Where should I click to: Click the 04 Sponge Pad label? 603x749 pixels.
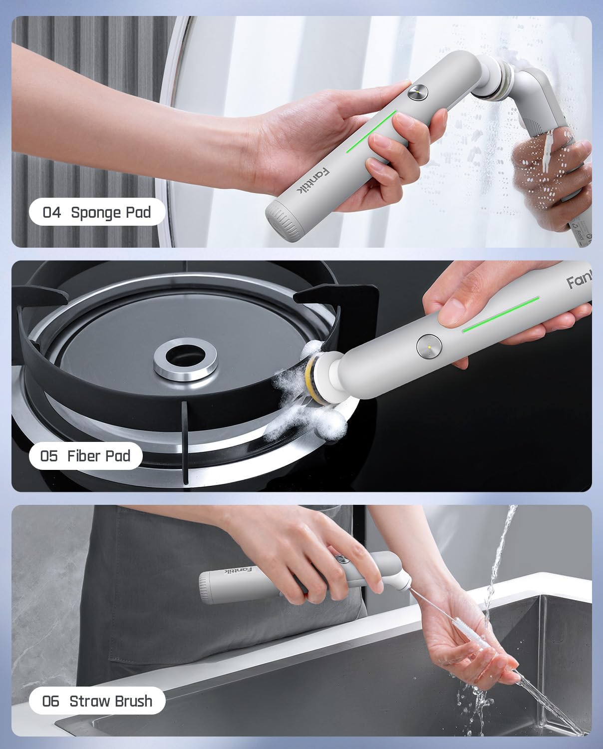tap(97, 212)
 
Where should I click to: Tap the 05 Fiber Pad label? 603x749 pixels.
tap(85, 456)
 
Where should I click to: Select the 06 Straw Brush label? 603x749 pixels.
tap(97, 701)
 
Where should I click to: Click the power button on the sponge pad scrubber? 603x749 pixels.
tap(417, 93)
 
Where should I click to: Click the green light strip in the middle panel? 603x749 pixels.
tap(501, 314)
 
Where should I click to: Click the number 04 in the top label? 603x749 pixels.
tap(52, 213)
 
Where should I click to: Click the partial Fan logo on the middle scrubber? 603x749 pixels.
tap(579, 282)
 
